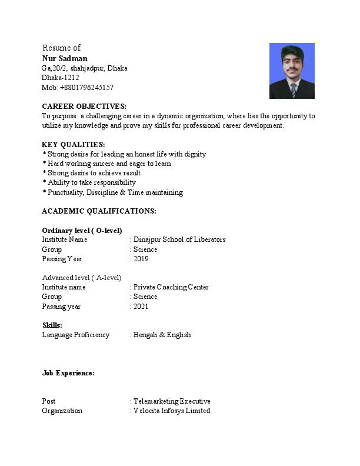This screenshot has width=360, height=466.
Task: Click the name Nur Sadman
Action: [65, 58]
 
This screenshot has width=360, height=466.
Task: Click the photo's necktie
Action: [293, 90]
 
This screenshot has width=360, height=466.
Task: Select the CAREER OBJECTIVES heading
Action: [84, 106]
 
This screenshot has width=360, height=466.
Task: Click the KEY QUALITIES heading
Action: [74, 145]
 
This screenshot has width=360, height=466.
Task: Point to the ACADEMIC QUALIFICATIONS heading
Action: [99, 211]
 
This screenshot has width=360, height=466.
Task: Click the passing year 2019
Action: [141, 259]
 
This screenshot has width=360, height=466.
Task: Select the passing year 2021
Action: [141, 307]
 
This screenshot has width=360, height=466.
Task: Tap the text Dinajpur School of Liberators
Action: [179, 239]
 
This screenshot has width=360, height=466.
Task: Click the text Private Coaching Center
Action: [171, 287]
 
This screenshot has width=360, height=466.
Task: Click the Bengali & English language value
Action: [162, 335]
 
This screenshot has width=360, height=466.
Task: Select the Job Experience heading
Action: [68, 373]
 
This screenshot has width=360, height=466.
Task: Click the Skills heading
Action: [52, 325]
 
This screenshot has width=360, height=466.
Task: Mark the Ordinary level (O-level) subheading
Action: [82, 230]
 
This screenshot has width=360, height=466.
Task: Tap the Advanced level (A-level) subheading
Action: [82, 278]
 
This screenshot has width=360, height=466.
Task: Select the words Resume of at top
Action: [62, 48]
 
